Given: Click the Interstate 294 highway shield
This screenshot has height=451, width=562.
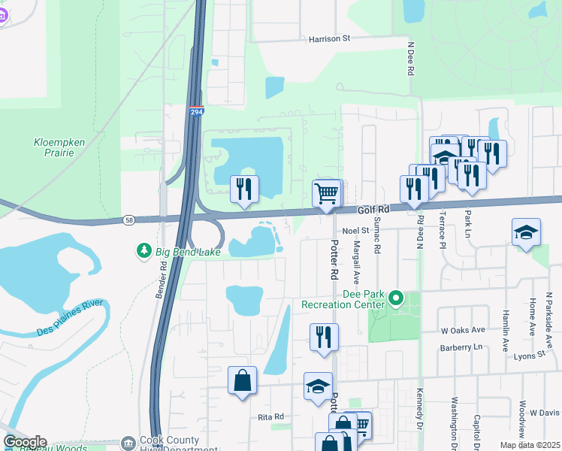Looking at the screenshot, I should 196,111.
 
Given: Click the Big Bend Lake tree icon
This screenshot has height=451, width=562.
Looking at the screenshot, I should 143,250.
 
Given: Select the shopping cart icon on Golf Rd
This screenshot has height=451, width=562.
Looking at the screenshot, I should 327,192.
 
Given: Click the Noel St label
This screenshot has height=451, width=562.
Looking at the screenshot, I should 356,231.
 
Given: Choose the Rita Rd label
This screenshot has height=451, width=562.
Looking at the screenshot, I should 270,416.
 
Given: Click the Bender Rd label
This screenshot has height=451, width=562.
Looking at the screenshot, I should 159,280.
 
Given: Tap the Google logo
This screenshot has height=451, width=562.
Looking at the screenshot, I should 25,441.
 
